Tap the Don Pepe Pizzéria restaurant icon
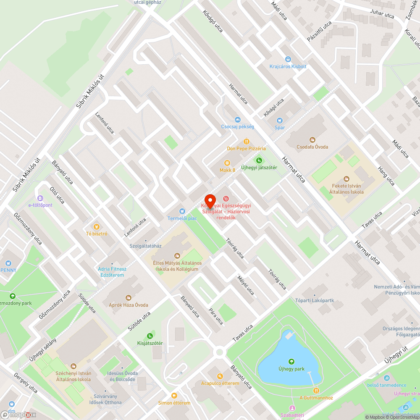pos(247,142)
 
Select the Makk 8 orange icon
pos(227,163)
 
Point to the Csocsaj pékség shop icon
pos(237,120)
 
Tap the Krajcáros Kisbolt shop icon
pos(288,60)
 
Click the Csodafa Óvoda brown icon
pos(312,139)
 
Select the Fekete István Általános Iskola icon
pos(346,178)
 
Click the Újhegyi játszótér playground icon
pos(259,160)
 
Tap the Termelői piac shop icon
pos(182,211)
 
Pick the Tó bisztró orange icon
pos(97,226)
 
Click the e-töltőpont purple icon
pos(40,198)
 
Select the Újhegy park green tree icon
pos(291,361)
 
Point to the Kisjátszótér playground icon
pos(150,336)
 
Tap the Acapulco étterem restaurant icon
pos(220,376)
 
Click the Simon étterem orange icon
pos(174,395)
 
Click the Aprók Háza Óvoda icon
pos(129,297)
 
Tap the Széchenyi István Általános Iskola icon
pos(73,366)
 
